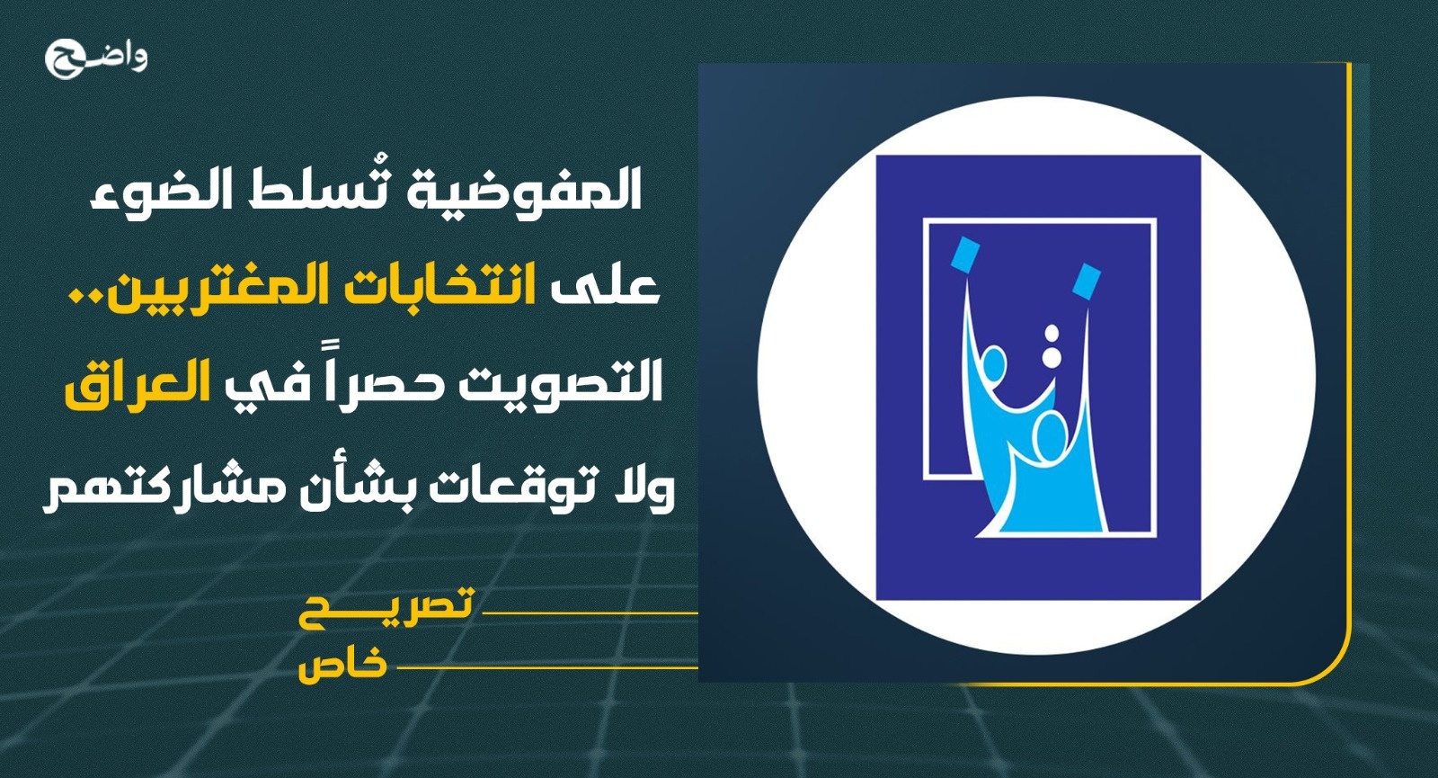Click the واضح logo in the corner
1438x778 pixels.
click(96, 58)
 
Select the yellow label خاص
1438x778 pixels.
click(342, 665)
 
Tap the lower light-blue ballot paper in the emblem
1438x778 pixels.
click(1087, 282)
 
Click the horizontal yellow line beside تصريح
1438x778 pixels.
click(590, 613)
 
